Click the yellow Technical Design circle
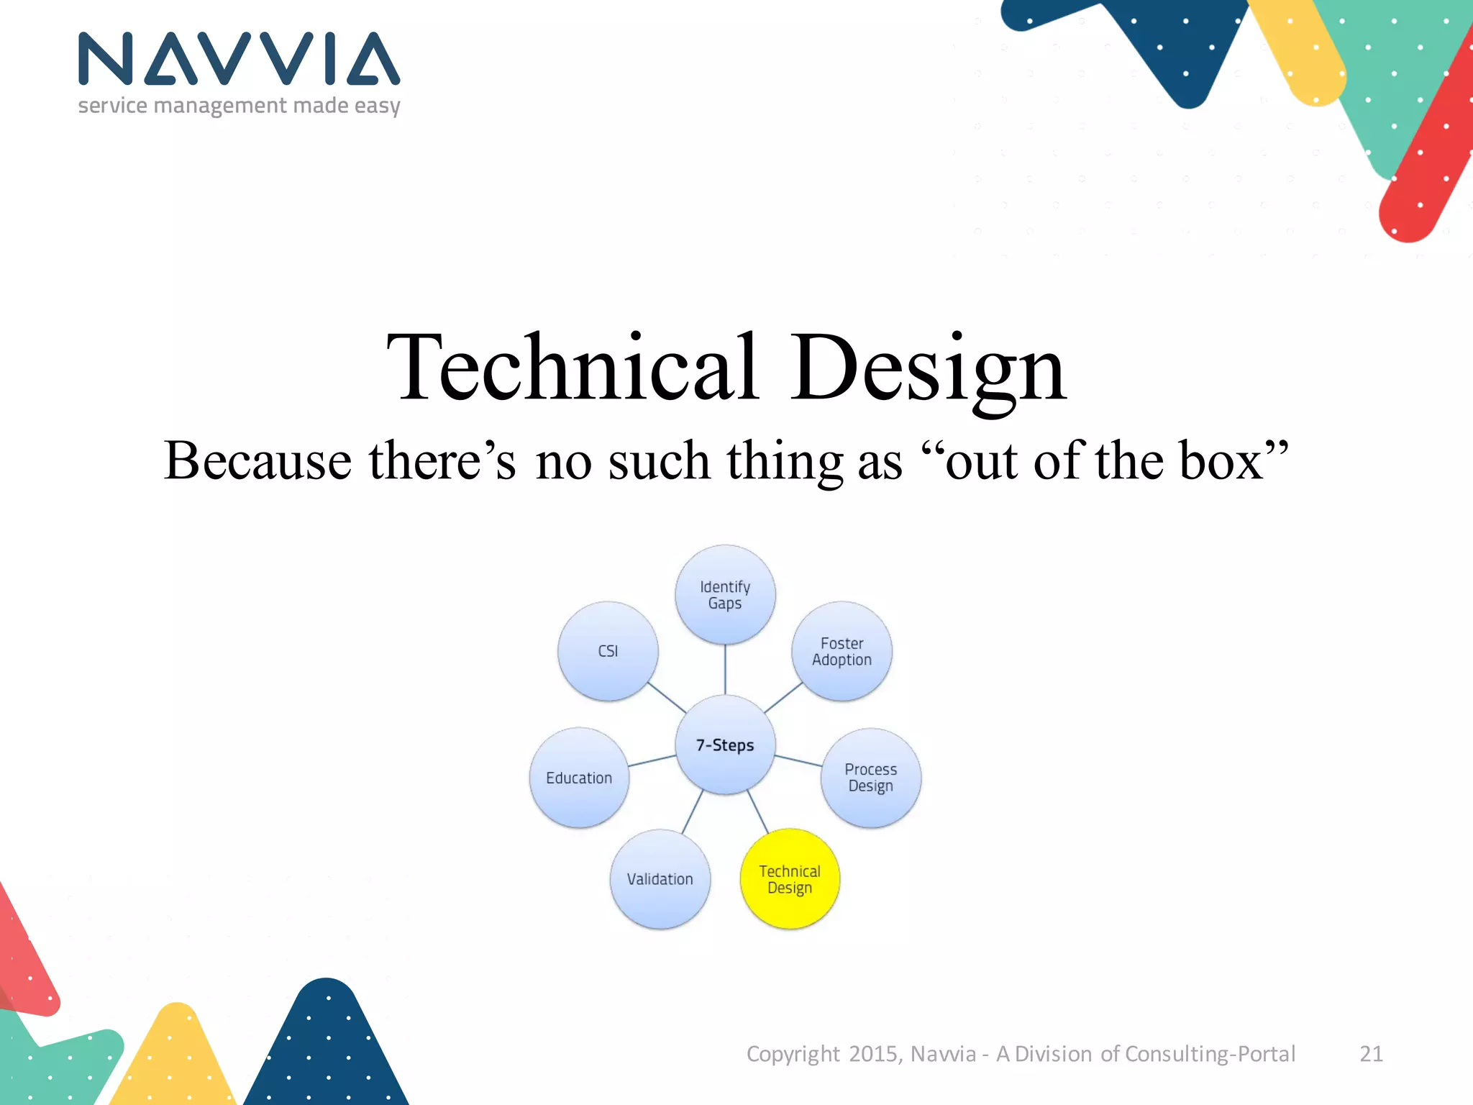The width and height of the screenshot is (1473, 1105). [790, 879]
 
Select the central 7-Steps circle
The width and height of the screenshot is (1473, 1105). [725, 745]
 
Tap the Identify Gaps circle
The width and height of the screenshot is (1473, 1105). [725, 595]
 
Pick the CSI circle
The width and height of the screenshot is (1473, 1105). [608, 651]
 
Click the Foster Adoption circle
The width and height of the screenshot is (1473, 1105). [842, 651]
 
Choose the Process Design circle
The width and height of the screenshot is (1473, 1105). [870, 778]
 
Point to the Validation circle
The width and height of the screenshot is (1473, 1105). [660, 879]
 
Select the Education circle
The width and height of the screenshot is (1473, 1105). [579, 778]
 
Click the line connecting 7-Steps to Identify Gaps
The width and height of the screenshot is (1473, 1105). [725, 669]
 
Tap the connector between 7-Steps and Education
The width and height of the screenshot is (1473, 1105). [652, 761]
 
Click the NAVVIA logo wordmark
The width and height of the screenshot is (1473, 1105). [239, 59]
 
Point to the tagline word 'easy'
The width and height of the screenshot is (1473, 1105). [377, 106]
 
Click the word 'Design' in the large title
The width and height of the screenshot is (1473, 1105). [928, 368]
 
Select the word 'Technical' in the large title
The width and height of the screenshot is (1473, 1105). [572, 368]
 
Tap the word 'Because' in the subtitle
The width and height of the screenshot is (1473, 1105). [257, 460]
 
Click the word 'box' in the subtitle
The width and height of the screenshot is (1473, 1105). [1221, 460]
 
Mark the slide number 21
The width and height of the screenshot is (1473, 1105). [1371, 1054]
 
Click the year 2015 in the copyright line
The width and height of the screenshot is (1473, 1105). [872, 1054]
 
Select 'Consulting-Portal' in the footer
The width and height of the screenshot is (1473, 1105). [1210, 1054]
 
